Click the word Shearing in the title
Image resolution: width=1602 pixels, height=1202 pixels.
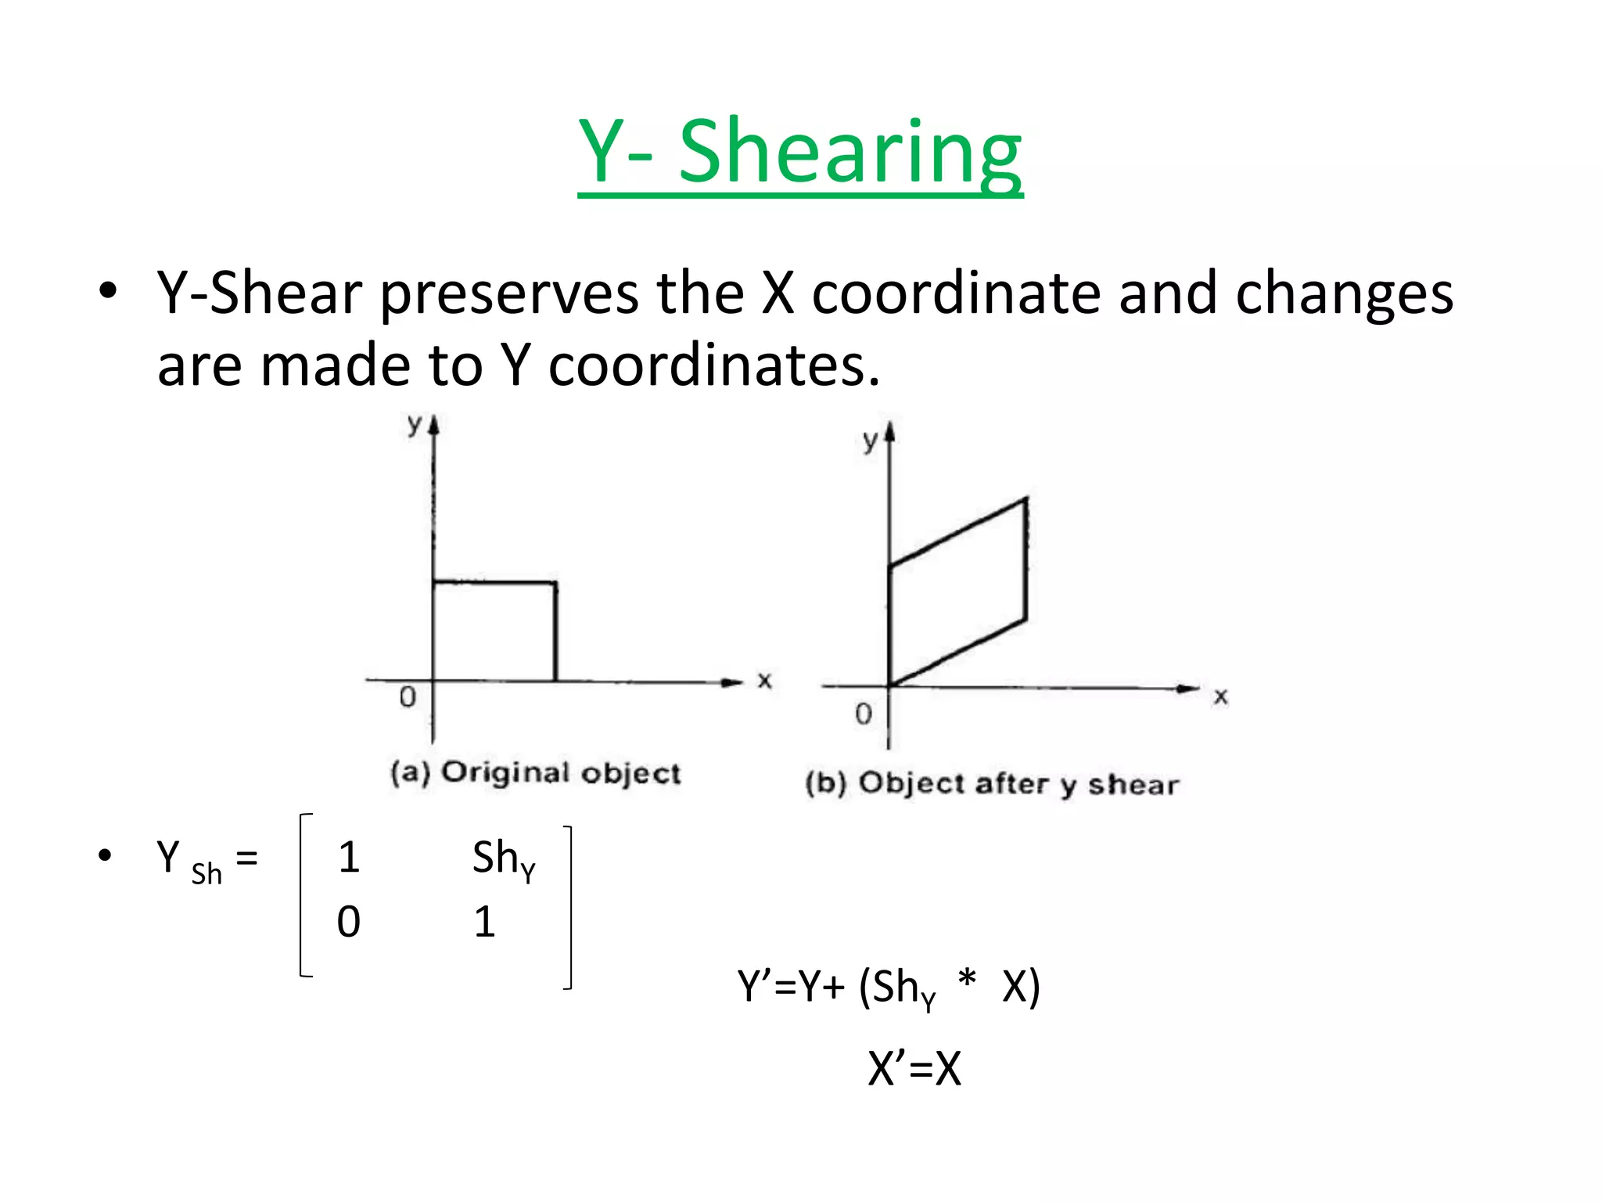[849, 152]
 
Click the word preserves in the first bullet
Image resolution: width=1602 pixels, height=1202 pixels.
[509, 294]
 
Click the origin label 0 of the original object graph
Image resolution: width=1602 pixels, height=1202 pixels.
[408, 697]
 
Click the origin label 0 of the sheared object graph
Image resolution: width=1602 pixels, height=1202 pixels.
[863, 714]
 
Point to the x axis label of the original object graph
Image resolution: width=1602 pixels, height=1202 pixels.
[764, 681]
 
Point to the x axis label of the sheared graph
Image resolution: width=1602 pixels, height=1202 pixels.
[1220, 696]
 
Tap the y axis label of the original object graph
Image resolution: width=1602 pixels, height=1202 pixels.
[414, 425]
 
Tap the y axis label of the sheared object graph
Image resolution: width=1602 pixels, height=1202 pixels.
[870, 441]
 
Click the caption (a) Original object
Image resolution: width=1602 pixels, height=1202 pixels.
[536, 773]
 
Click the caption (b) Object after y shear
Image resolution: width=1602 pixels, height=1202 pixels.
[992, 784]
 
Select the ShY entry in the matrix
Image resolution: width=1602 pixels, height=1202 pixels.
[504, 859]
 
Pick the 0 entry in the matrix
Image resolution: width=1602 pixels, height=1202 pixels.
[349, 922]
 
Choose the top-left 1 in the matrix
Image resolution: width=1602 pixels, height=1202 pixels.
[349, 858]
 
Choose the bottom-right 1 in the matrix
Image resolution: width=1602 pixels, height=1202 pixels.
[485, 922]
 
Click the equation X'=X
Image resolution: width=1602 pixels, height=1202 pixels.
[914, 1068]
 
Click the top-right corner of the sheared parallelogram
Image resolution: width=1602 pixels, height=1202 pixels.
[1025, 498]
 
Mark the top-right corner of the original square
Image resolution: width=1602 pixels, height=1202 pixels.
[555, 583]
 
